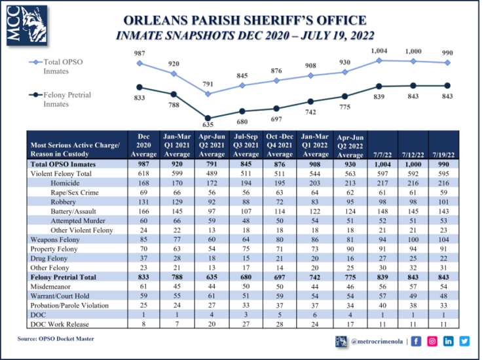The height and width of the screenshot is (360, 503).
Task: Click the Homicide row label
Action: (65, 183)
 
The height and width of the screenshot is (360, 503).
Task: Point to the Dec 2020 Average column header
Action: (144, 145)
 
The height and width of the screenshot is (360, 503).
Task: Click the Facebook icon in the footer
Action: (417, 340)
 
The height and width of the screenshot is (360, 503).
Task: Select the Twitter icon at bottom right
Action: (465, 340)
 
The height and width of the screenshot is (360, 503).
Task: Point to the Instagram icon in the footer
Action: (432, 340)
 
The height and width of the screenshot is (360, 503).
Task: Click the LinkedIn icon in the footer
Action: (449, 340)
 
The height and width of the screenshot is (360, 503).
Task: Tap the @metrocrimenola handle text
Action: (377, 341)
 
